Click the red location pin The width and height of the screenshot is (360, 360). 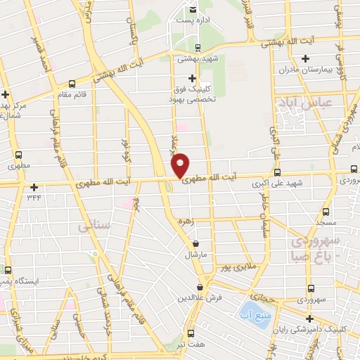[180, 165]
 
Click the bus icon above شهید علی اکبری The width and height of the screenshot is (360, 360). [277, 172]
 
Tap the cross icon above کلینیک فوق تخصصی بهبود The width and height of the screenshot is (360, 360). [192, 79]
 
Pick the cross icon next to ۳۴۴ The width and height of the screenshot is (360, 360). [34, 187]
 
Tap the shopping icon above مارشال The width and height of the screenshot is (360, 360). [196, 243]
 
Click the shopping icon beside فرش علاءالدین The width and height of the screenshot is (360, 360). [201, 287]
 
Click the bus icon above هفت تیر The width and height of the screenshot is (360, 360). [191, 333]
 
